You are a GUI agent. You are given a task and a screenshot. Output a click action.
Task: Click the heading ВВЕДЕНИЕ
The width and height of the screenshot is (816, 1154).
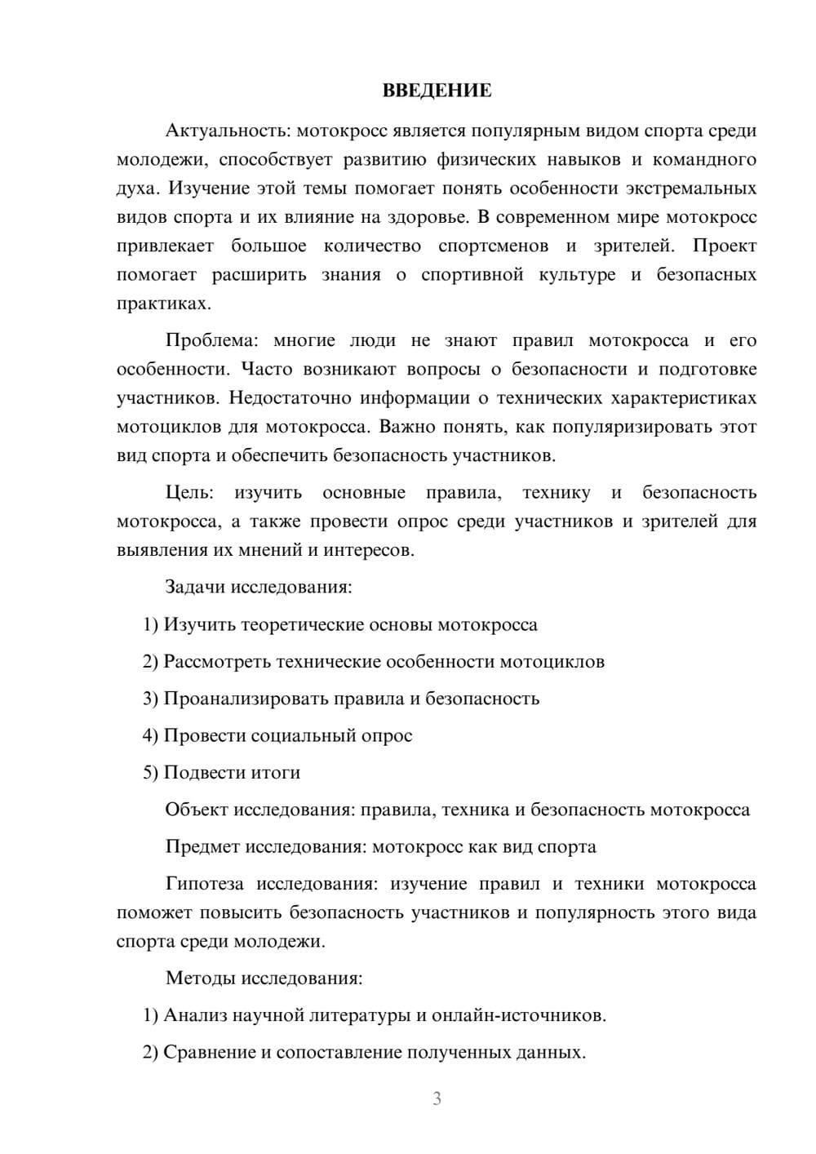click(437, 91)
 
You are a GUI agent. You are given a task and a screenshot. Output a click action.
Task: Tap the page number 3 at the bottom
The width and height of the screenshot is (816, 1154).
click(437, 1099)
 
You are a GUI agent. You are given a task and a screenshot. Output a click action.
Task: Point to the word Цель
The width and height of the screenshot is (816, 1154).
click(189, 492)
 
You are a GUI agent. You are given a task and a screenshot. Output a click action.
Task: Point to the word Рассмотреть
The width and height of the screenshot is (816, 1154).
click(217, 661)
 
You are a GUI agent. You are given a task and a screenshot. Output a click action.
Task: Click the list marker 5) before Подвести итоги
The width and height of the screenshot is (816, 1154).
click(150, 772)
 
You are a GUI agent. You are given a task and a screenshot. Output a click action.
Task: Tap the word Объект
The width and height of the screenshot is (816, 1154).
click(196, 810)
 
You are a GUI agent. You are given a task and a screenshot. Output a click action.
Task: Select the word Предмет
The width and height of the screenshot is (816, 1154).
click(201, 846)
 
